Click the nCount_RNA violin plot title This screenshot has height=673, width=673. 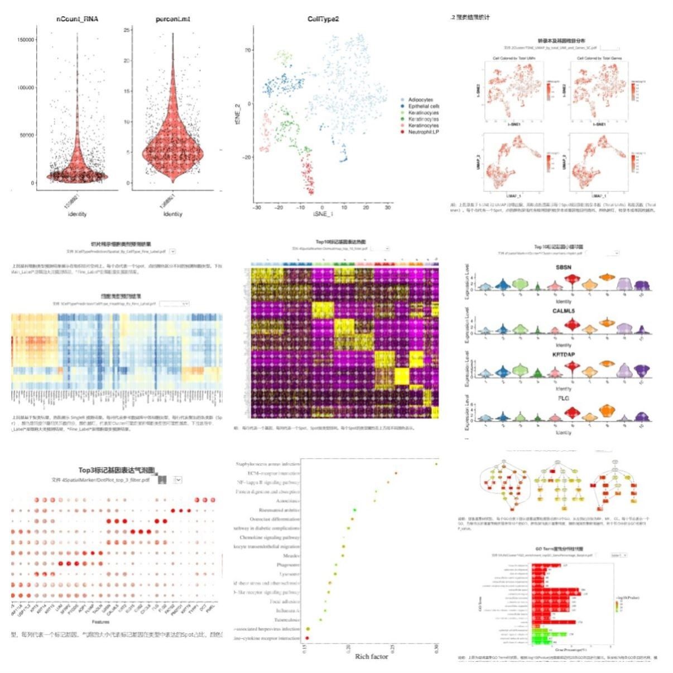coord(77,19)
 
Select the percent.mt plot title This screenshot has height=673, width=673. coord(172,19)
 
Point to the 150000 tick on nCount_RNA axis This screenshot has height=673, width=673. coord(25,40)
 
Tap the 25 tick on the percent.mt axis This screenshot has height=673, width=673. coord(127,30)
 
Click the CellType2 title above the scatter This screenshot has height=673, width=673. coord(323,19)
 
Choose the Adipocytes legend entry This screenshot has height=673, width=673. coord(420,100)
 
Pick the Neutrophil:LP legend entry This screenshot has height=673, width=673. coord(423,132)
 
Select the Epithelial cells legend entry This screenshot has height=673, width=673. coord(423,106)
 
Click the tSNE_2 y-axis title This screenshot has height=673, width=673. coord(238,116)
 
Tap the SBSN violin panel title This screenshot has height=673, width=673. coord(563,268)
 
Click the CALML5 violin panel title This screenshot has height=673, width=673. coord(563,311)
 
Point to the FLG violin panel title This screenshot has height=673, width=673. coord(563,398)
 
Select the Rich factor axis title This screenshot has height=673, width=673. coord(371,656)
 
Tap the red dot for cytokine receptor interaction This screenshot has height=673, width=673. coord(307,637)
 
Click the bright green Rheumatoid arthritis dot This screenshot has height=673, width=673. coord(355,510)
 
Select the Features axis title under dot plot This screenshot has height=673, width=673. coord(100,622)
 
